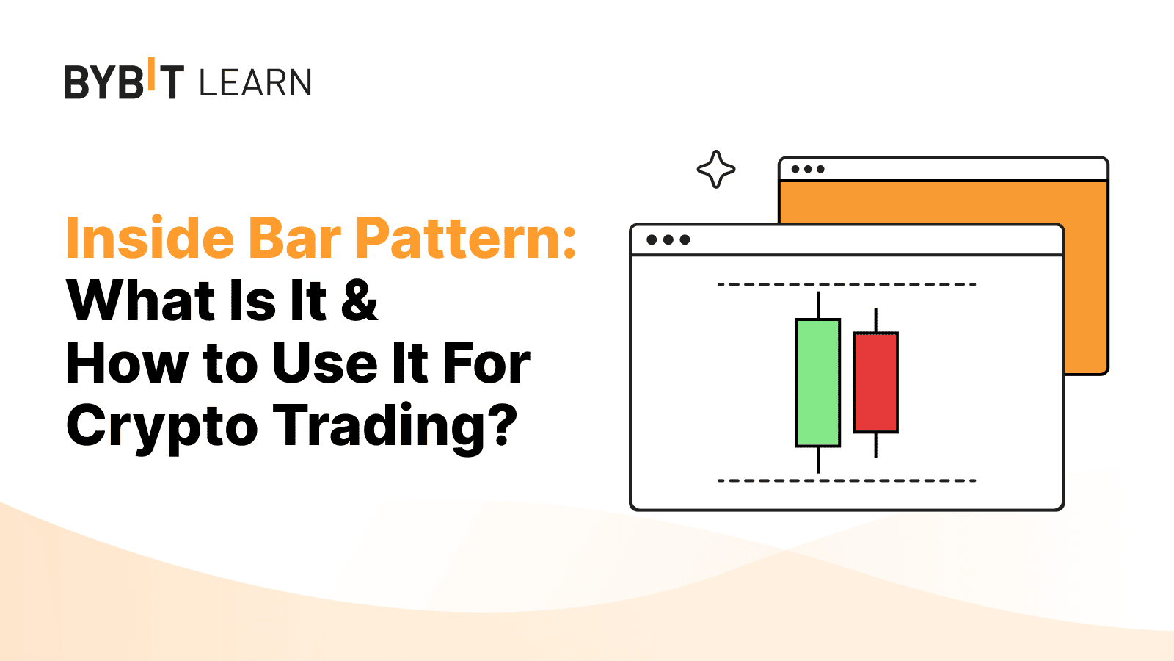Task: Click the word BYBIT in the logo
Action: click(124, 79)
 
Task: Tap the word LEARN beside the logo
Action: click(255, 82)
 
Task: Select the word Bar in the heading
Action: click(294, 238)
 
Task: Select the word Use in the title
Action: click(326, 363)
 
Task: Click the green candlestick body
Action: click(817, 383)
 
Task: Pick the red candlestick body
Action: click(875, 382)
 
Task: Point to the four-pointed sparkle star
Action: click(716, 169)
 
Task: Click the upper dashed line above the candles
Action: click(847, 284)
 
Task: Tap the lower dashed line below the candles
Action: click(847, 480)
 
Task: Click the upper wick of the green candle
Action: click(817, 305)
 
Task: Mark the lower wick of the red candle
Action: click(875, 445)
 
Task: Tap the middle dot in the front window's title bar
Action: click(668, 239)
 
